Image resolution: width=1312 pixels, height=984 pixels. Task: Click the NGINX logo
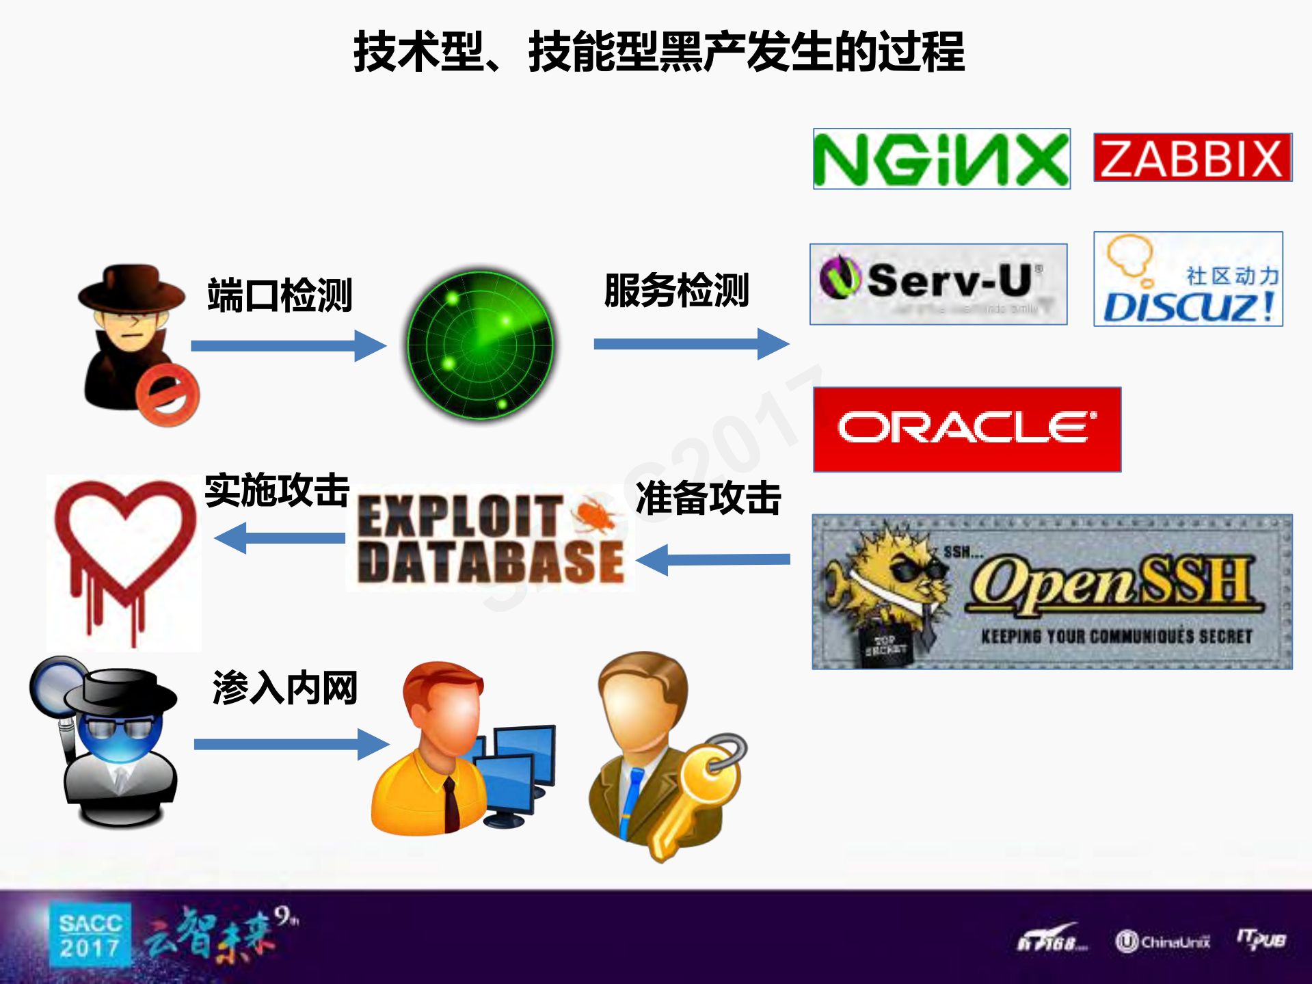coord(941,159)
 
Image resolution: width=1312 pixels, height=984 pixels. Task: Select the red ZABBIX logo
coord(1192,157)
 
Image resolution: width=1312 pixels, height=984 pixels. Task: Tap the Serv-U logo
coord(938,284)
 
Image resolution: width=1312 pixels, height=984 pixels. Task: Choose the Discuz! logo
coord(1188,279)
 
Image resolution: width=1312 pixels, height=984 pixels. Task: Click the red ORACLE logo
coord(967,429)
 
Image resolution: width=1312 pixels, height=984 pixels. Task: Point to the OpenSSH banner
coord(1052,591)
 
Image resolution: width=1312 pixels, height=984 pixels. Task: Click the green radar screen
coord(480,344)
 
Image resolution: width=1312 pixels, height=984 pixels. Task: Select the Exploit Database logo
coord(490,539)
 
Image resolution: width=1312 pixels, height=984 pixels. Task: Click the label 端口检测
coord(280,295)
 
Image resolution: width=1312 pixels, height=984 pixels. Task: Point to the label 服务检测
coord(676,290)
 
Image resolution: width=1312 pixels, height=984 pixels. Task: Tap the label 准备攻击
coord(708,498)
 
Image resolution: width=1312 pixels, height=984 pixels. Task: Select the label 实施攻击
coord(277,490)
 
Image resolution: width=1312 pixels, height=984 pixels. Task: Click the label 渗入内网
coord(285,688)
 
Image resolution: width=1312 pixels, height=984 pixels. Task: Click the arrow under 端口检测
coord(288,345)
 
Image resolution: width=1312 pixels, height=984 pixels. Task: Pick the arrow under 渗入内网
coord(291,744)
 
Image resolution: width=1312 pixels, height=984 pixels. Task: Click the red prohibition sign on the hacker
coord(167,395)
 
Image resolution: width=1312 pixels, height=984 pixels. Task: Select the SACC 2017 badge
coord(90,935)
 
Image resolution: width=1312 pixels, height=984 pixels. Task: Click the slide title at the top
coord(658,52)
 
